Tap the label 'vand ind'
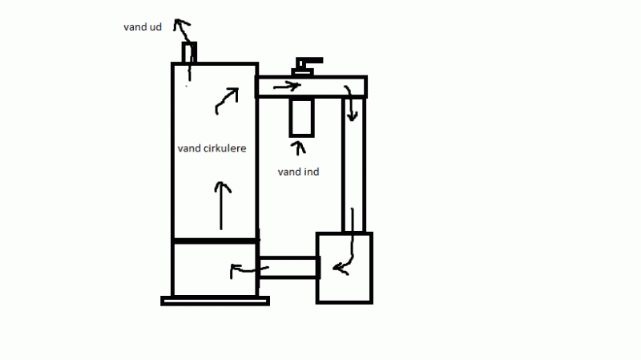click(298, 172)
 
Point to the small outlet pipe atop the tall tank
click(189, 53)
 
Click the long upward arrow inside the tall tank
click(223, 204)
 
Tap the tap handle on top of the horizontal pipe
click(307, 63)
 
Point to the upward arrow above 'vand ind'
click(298, 149)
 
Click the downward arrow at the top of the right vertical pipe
click(350, 102)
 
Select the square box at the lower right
click(345, 268)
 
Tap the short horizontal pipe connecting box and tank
click(288, 268)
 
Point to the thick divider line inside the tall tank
click(215, 241)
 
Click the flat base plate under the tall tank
click(215, 301)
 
